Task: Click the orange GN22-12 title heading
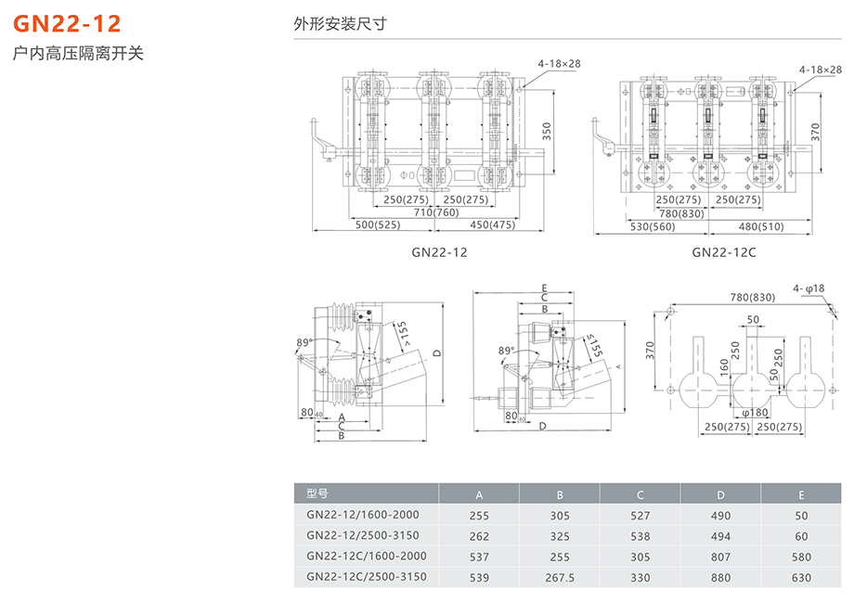tap(66, 24)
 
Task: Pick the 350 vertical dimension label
tap(548, 131)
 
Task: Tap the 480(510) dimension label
tap(760, 226)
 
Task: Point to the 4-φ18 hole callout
tap(809, 288)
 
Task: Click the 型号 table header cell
tap(317, 493)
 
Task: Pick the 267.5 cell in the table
tap(560, 577)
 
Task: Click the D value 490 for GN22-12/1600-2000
tap(720, 515)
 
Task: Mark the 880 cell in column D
tap(720, 577)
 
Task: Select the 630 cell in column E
tap(801, 577)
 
